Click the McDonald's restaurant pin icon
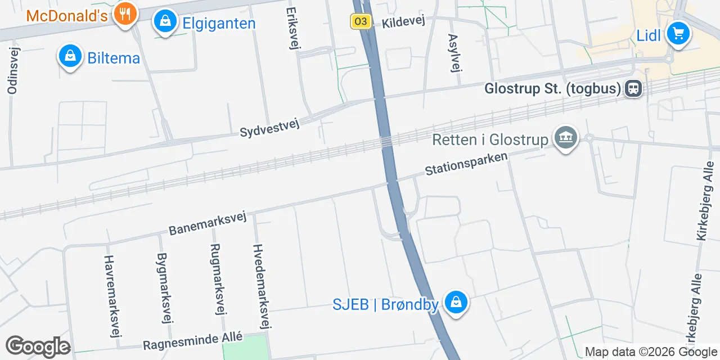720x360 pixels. point(124,13)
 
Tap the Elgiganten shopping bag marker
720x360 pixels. point(165,21)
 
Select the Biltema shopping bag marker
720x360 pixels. point(70,56)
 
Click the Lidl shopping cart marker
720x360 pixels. point(678,34)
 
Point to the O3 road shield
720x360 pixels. point(361,22)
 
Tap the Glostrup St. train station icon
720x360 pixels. point(634,88)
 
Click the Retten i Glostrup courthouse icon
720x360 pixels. point(566,138)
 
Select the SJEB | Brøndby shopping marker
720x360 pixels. point(456,303)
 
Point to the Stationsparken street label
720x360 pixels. point(466,163)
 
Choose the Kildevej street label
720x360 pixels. point(403,22)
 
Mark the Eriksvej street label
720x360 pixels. point(292,28)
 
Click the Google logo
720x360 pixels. point(38,346)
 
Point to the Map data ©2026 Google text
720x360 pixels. point(651,352)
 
